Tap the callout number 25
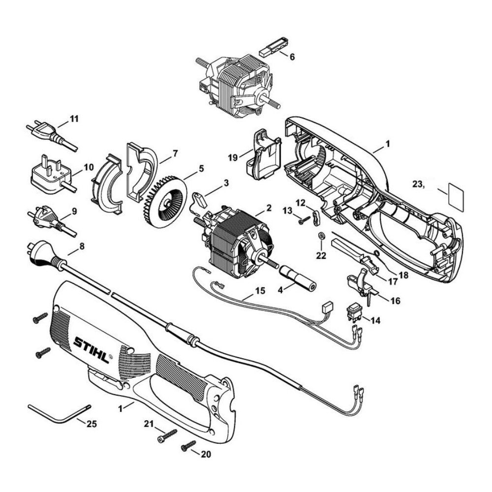[92, 424]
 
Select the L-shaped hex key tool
[59, 414]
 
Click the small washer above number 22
[321, 235]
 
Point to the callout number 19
[233, 157]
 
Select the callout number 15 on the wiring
[260, 291]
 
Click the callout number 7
[175, 154]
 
